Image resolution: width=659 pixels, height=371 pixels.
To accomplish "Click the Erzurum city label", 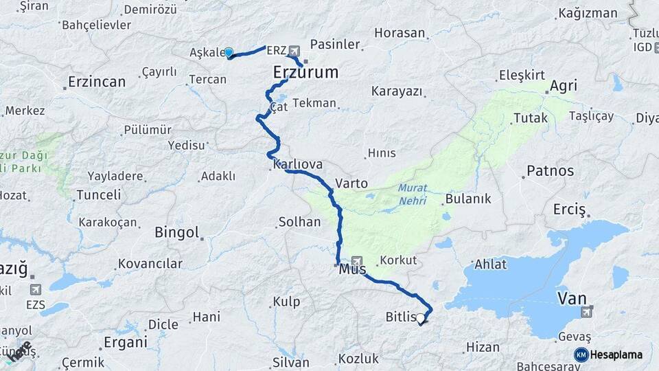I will [305, 72].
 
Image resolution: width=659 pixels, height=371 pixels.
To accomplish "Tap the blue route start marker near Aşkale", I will [229, 52].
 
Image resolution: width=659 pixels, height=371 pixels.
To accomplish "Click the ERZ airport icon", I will [294, 50].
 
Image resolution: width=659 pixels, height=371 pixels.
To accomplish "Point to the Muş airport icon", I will [356, 260].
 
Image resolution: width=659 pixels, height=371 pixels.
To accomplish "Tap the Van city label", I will [572, 298].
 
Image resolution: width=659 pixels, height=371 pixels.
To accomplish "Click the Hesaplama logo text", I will [616, 355].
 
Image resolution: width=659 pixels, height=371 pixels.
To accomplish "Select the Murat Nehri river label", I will [411, 194].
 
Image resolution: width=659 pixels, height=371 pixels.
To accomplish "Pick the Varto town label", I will [351, 183].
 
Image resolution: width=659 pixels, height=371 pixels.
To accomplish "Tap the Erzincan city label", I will [97, 82].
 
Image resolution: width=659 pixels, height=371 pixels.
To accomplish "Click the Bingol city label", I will [177, 232].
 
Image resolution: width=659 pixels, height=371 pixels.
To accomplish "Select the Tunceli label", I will [99, 195].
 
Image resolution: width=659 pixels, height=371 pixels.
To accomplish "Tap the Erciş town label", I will [569, 209].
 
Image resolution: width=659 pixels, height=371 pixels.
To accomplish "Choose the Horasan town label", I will [400, 33].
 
